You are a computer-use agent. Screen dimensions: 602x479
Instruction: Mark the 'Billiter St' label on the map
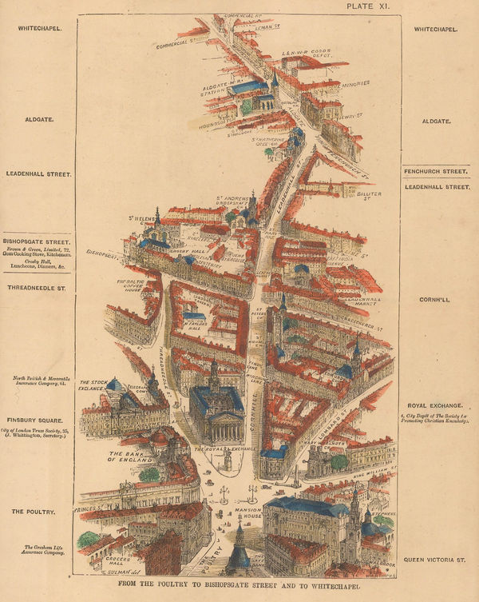tap(369, 194)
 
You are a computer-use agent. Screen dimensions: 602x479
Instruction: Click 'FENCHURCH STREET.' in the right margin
tap(435, 171)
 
